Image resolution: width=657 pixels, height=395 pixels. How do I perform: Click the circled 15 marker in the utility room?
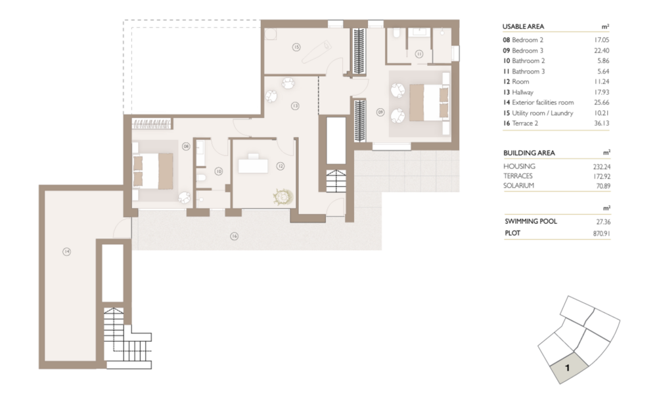point(296,47)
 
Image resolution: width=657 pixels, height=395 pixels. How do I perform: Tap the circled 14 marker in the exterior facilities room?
point(66,251)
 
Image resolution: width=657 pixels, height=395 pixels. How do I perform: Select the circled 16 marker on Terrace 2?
point(235,236)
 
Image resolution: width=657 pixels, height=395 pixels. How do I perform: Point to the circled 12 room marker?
point(281,166)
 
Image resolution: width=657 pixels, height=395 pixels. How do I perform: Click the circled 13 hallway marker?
point(295,106)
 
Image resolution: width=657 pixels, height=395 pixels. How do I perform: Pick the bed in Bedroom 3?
point(428,102)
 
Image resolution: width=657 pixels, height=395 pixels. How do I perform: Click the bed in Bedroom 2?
point(153,171)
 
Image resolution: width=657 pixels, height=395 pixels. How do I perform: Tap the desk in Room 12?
point(253,165)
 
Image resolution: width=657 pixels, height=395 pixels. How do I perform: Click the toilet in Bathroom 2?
point(200,178)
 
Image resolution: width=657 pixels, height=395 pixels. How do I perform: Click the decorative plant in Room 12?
point(283,197)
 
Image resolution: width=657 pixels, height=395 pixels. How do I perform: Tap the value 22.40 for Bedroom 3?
point(601,51)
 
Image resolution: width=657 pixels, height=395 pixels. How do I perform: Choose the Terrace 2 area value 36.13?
point(601,123)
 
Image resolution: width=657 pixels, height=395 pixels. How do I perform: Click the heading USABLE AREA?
point(523,26)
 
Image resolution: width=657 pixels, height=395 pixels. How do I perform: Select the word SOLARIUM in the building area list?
point(519,186)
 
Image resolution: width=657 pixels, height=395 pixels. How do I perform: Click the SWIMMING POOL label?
point(531,221)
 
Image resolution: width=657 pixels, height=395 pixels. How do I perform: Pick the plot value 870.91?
point(602,234)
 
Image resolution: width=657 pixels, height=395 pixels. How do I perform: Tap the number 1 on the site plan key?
point(568,368)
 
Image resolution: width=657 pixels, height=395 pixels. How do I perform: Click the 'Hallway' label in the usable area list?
point(522,92)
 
